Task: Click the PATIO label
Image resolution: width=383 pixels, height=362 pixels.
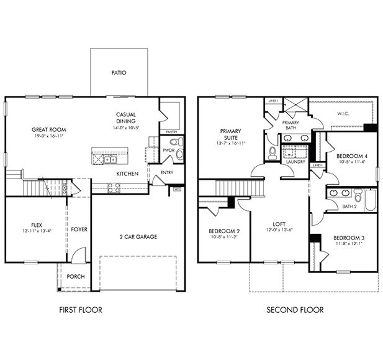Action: (x=119, y=73)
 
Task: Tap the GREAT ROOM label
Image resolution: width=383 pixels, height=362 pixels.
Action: (x=48, y=130)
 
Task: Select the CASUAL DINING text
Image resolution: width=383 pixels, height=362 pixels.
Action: (x=125, y=118)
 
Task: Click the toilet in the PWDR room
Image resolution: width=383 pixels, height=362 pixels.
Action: (x=179, y=155)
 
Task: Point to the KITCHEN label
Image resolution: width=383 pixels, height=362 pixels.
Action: (x=127, y=174)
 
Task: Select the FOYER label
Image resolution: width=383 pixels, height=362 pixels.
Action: (x=79, y=230)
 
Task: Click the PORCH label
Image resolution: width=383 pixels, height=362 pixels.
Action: (x=75, y=276)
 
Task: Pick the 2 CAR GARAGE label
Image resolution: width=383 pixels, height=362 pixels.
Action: (x=138, y=236)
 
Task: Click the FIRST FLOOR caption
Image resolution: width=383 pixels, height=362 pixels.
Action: (x=80, y=310)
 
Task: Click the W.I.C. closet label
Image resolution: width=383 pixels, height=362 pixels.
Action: (x=345, y=114)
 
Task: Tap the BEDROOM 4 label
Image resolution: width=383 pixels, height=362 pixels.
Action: (x=351, y=157)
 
